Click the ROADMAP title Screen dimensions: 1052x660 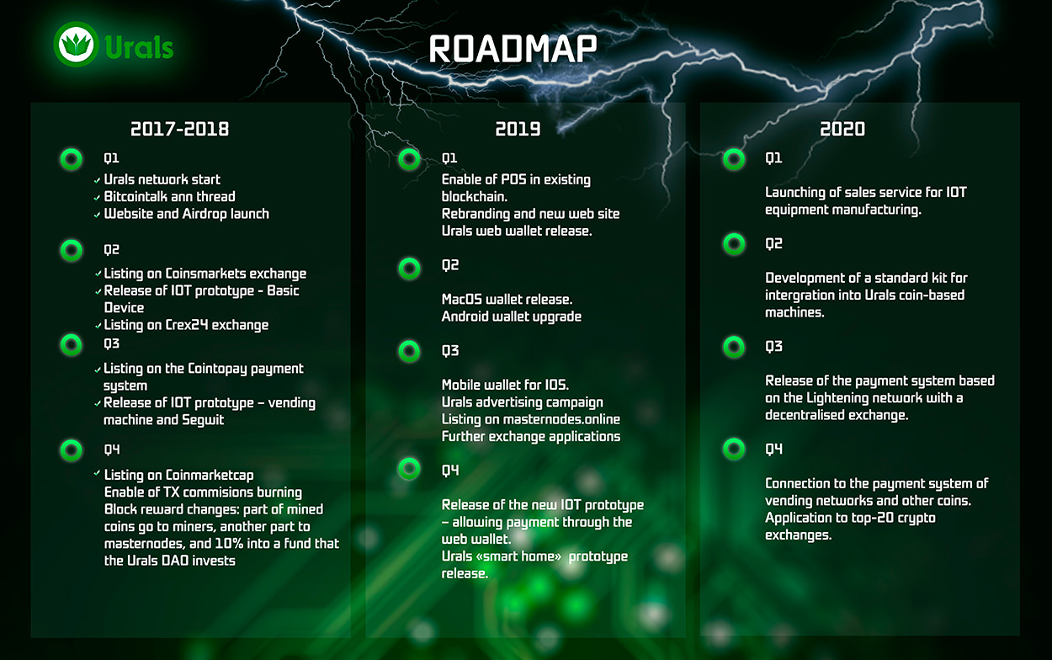(513, 49)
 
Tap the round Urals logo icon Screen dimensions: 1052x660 (76, 44)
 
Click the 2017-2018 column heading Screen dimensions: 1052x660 (180, 129)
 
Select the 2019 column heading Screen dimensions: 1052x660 (518, 129)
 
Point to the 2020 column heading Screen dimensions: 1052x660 (842, 129)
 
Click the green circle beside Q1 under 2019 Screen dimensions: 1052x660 (409, 159)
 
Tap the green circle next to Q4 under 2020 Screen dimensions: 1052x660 (734, 450)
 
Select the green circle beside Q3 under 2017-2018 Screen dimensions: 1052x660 (72, 345)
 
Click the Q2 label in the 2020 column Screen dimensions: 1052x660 (773, 244)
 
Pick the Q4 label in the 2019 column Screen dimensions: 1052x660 (450, 471)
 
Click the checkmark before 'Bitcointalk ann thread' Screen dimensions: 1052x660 (98, 198)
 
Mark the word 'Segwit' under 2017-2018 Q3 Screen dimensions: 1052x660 (203, 420)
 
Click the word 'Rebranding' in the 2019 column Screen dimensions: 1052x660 (476, 214)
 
